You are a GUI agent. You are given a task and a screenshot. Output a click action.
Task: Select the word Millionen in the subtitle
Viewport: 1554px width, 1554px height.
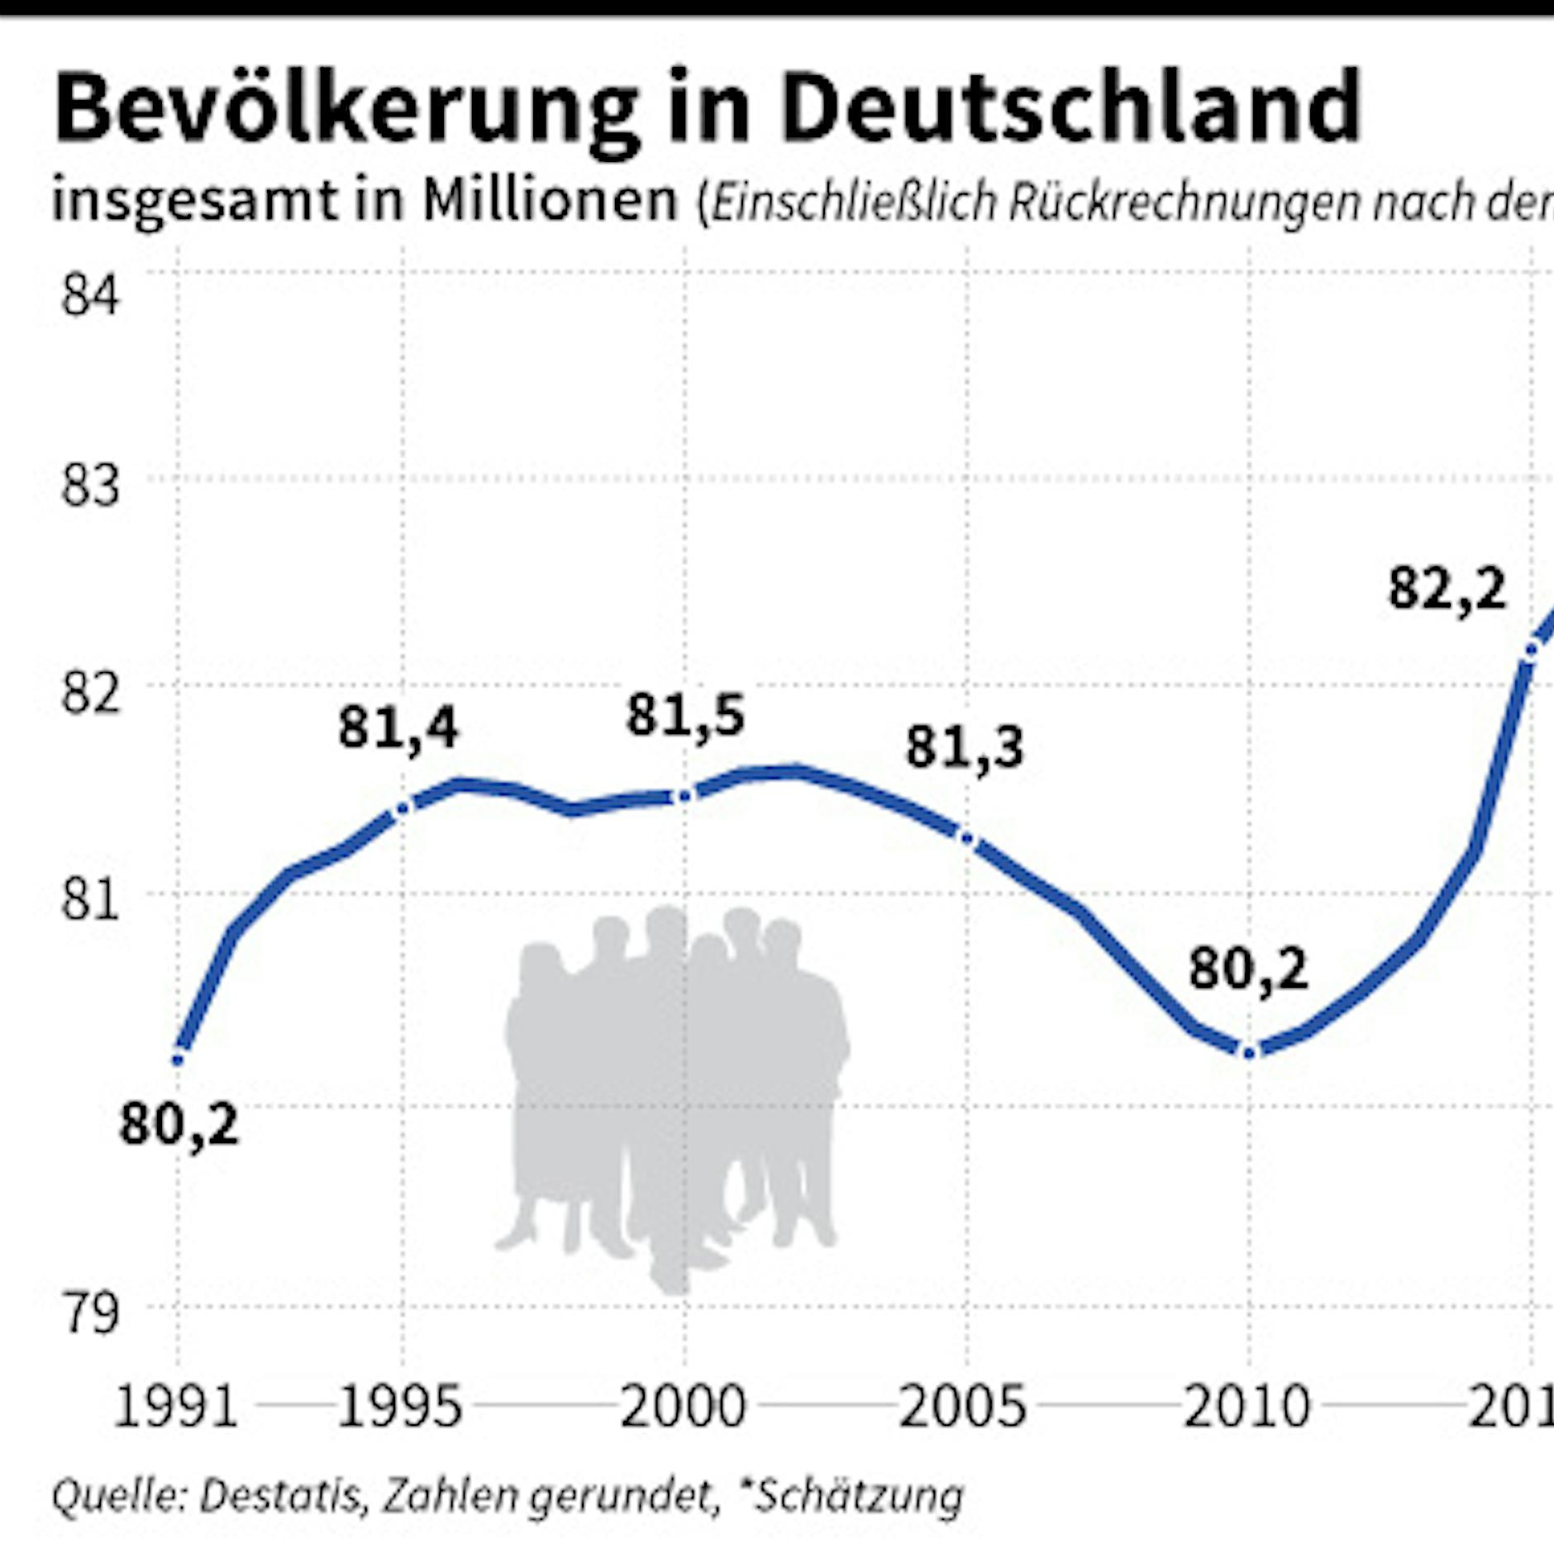[550, 201]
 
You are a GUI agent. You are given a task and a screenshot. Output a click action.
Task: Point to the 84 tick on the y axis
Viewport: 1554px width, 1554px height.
[90, 295]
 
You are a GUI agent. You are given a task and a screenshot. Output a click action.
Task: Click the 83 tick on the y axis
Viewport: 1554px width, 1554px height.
[90, 486]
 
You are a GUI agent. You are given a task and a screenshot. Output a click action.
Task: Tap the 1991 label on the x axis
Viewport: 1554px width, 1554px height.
[175, 1408]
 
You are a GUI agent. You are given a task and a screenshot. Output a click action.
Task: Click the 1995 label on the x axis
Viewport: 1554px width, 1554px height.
[400, 1408]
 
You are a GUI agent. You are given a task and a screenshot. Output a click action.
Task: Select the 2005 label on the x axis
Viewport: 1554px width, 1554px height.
[962, 1408]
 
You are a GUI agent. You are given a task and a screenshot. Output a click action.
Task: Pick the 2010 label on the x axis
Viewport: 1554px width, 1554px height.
[1247, 1408]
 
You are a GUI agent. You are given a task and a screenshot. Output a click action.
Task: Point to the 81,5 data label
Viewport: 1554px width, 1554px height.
[685, 716]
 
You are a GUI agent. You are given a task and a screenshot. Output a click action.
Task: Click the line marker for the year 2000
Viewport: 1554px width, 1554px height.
[684, 796]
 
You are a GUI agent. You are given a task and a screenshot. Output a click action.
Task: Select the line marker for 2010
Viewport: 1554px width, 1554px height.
[1250, 1052]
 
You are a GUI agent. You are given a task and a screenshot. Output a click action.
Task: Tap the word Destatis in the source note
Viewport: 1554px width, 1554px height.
[281, 1495]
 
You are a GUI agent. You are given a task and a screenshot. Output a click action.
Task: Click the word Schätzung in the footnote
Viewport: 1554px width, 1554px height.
[860, 1495]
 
